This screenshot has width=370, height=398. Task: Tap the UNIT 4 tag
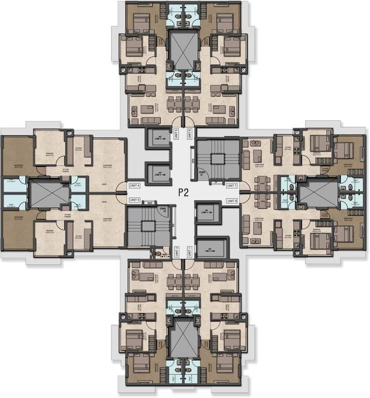coord(135,185)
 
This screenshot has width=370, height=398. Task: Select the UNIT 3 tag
coord(135,200)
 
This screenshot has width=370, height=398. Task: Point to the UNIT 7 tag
coord(232,186)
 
